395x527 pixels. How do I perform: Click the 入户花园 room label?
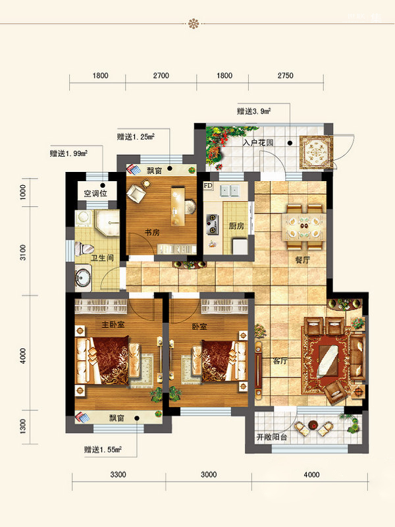pyautogui.click(x=258, y=142)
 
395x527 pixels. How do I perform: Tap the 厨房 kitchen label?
pyautogui.click(x=236, y=226)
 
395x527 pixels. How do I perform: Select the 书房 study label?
pyautogui.click(x=152, y=233)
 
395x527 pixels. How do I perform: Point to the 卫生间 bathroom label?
pyautogui.click(x=102, y=258)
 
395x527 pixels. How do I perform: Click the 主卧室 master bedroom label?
pyautogui.click(x=113, y=324)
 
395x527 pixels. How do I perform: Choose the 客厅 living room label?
pyautogui.click(x=280, y=361)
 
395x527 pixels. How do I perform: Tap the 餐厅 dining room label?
pyautogui.click(x=302, y=260)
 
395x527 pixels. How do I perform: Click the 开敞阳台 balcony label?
pyautogui.click(x=272, y=437)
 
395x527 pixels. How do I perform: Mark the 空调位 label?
pyautogui.click(x=95, y=193)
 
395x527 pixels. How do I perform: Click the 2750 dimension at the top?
pyautogui.click(x=286, y=76)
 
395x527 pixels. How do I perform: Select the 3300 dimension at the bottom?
pyautogui.click(x=118, y=474)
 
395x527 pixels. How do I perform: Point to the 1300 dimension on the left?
pyautogui.click(x=23, y=426)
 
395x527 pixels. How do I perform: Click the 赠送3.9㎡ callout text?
pyautogui.click(x=254, y=111)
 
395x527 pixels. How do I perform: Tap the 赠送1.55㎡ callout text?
pyautogui.click(x=103, y=449)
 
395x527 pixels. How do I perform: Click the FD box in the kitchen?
pyautogui.click(x=208, y=186)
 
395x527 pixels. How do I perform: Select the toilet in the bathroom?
pyautogui.click(x=84, y=249)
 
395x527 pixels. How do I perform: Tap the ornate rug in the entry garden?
pyautogui.click(x=316, y=152)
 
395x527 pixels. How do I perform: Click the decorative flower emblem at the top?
pyautogui.click(x=194, y=24)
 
